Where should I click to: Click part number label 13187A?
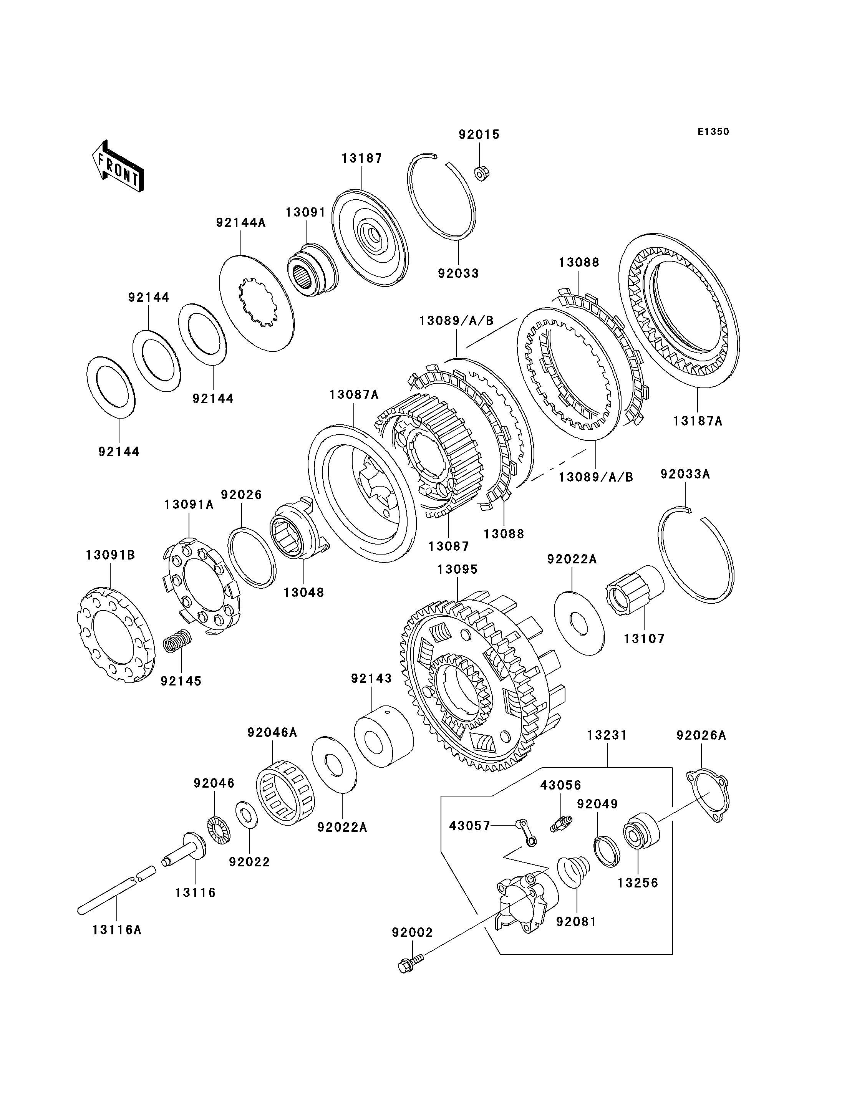pos(698,421)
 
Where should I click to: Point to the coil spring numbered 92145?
pos(178,641)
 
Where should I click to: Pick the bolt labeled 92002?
pos(411,963)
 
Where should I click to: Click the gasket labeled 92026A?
pos(707,802)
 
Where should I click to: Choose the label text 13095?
pos(457,569)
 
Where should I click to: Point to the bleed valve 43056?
pos(561,823)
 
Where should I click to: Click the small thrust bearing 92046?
pos(219,829)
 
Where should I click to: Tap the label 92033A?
pos(685,474)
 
